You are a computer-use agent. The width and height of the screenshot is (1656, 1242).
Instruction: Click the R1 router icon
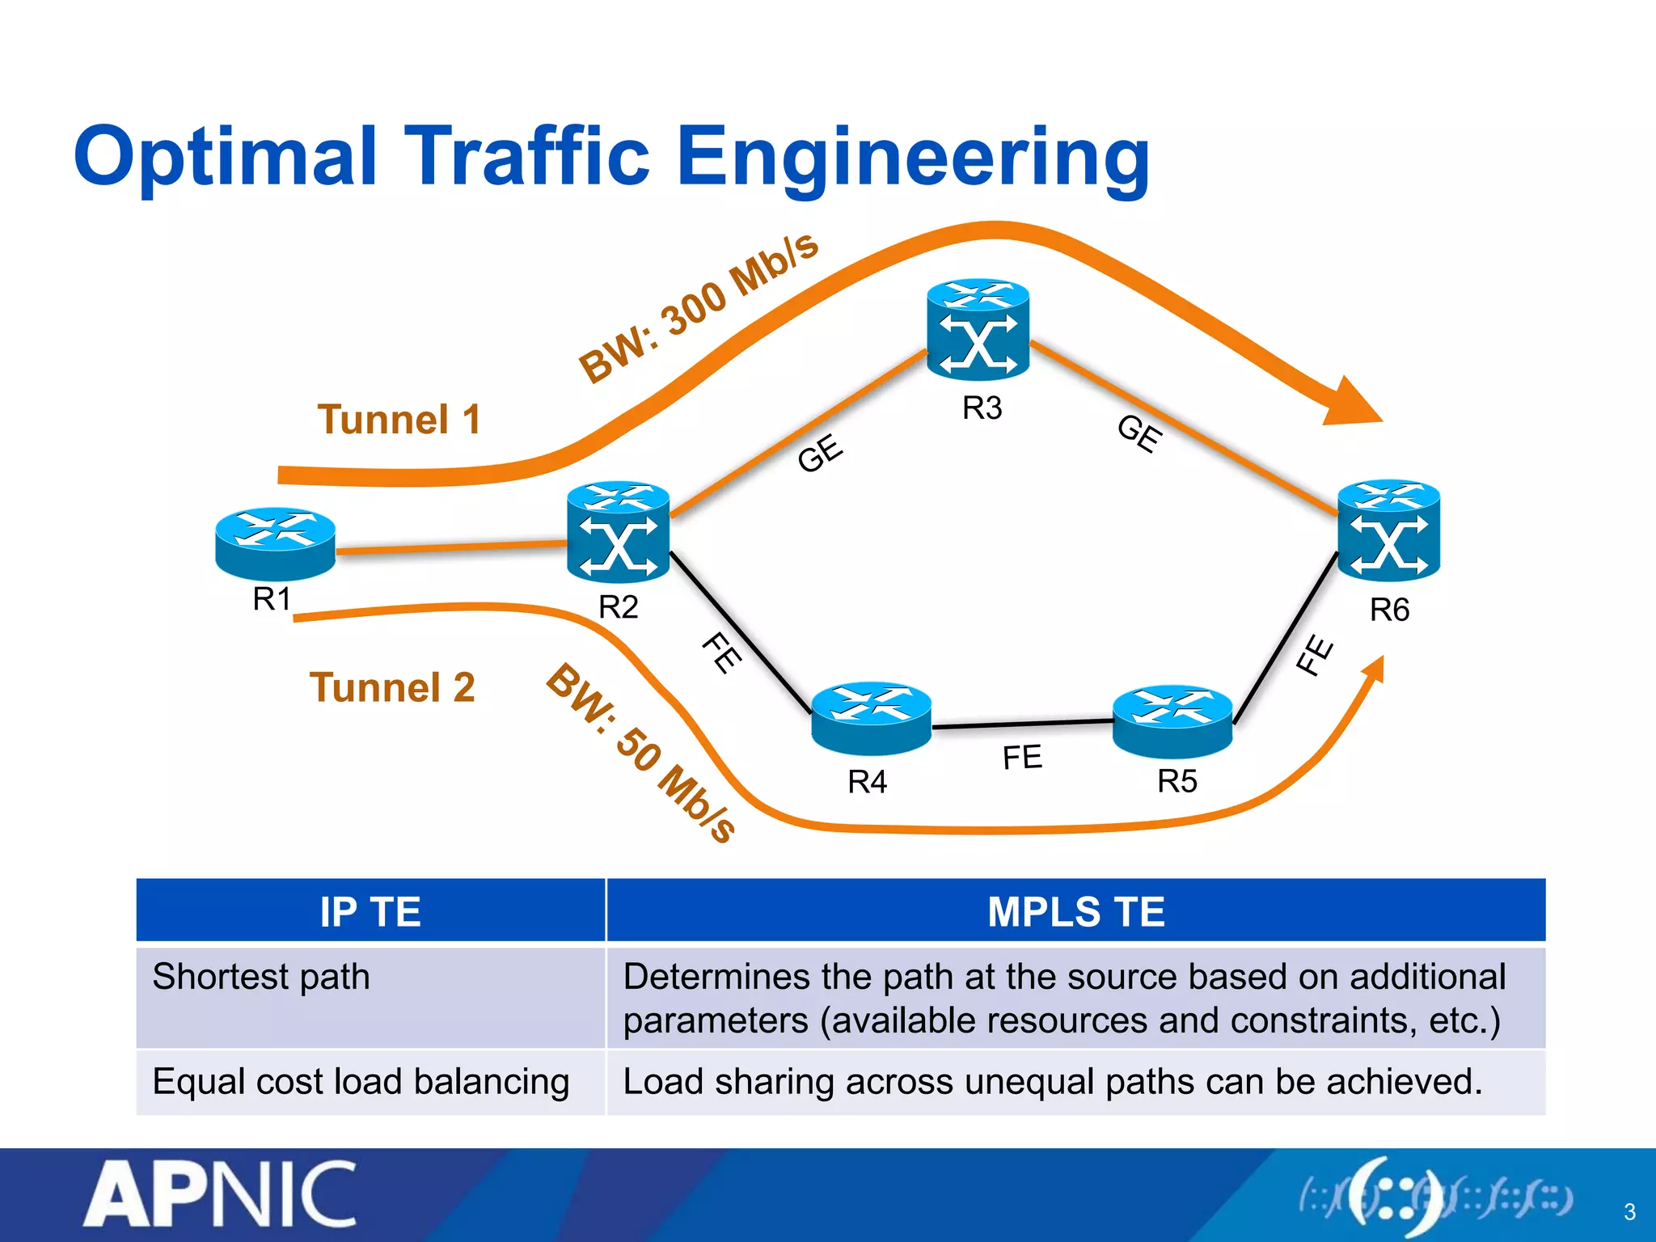(275, 543)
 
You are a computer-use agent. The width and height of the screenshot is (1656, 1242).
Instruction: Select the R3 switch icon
(978, 331)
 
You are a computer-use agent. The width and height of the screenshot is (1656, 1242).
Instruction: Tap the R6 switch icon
(1388, 530)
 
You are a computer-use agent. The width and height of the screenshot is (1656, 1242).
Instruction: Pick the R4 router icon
(871, 716)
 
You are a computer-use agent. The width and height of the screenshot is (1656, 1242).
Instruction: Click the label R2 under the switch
(619, 606)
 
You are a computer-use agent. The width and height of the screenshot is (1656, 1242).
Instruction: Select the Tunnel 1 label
(399, 420)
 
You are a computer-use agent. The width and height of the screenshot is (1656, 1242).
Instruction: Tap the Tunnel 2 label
(393, 688)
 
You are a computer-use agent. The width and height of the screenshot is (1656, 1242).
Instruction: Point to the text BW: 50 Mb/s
(641, 753)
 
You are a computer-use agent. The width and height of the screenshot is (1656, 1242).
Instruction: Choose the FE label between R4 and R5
(1022, 758)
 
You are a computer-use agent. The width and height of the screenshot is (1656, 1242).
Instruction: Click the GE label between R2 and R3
(820, 453)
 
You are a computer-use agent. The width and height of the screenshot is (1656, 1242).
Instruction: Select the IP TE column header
(370, 912)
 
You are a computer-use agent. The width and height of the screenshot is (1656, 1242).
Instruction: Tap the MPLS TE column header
(1075, 912)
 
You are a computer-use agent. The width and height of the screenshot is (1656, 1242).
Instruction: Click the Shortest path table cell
(261, 977)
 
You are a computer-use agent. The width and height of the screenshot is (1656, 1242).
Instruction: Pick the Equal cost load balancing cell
(361, 1082)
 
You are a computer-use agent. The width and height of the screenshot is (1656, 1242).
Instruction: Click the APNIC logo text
(220, 1194)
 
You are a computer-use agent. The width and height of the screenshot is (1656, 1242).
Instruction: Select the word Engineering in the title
(913, 157)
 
